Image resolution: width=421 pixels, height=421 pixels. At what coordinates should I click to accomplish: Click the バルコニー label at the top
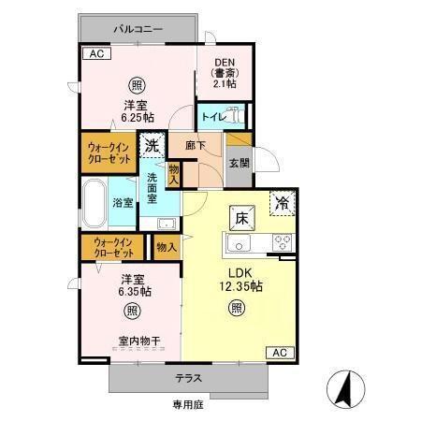pos(138,30)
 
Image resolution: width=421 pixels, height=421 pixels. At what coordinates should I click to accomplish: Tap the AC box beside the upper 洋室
pos(94,53)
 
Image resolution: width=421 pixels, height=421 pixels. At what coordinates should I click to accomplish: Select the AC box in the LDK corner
pos(278,352)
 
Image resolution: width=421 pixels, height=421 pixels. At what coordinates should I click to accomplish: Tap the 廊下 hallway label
pos(194,147)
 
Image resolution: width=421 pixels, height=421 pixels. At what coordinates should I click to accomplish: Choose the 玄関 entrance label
pos(239,162)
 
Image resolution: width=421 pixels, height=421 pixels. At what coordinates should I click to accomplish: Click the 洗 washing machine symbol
pos(152,146)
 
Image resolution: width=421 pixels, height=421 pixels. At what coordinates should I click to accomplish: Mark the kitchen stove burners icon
pos(281,243)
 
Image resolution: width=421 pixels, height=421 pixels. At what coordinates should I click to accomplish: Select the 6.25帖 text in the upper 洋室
pos(137,118)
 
